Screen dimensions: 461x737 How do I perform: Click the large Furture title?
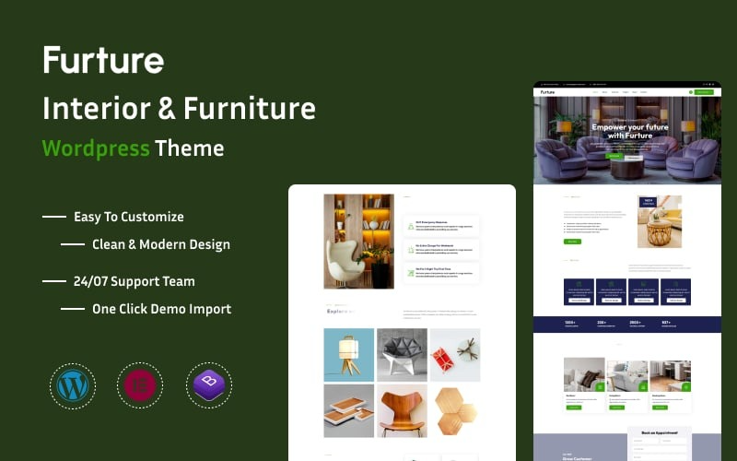tap(103, 61)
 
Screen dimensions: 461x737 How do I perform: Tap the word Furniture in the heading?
tap(249, 109)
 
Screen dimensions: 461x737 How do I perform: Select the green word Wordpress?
tap(96, 148)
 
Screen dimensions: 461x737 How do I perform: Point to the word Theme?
tap(189, 148)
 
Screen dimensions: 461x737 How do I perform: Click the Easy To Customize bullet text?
tap(129, 217)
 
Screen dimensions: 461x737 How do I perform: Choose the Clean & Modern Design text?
tap(161, 244)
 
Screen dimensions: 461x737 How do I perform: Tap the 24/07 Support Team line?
tap(135, 281)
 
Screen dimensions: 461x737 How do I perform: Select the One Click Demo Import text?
tap(161, 309)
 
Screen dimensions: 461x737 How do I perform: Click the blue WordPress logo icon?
tap(71, 384)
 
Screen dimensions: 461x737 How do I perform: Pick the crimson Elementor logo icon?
tap(139, 384)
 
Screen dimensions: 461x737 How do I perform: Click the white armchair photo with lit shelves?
tap(358, 241)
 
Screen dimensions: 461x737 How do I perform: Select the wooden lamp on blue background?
tap(349, 355)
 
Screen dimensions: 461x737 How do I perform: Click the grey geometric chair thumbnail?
tap(402, 355)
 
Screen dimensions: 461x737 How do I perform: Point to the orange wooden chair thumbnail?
tap(402, 411)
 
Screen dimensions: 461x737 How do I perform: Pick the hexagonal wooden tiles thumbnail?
tap(454, 411)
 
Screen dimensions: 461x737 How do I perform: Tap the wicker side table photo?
tap(660, 222)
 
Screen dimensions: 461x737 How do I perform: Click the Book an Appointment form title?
tap(659, 432)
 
